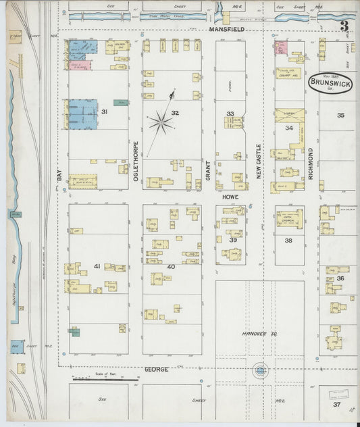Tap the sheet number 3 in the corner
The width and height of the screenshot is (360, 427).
(344, 27)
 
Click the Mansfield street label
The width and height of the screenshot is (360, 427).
(226, 30)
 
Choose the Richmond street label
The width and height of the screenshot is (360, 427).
(311, 162)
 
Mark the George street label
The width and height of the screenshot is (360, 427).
(157, 370)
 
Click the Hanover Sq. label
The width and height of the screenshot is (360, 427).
(260, 334)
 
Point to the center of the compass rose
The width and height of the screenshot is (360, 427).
(161, 122)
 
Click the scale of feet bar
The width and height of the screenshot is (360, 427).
(105, 379)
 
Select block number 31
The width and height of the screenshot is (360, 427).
(105, 111)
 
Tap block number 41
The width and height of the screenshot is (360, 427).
(97, 267)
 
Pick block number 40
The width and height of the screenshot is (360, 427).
(171, 267)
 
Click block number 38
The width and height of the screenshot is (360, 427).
(288, 241)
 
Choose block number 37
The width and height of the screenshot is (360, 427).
(336, 404)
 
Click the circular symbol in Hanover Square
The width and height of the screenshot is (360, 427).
(260, 370)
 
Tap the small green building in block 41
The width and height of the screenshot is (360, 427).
(74, 331)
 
